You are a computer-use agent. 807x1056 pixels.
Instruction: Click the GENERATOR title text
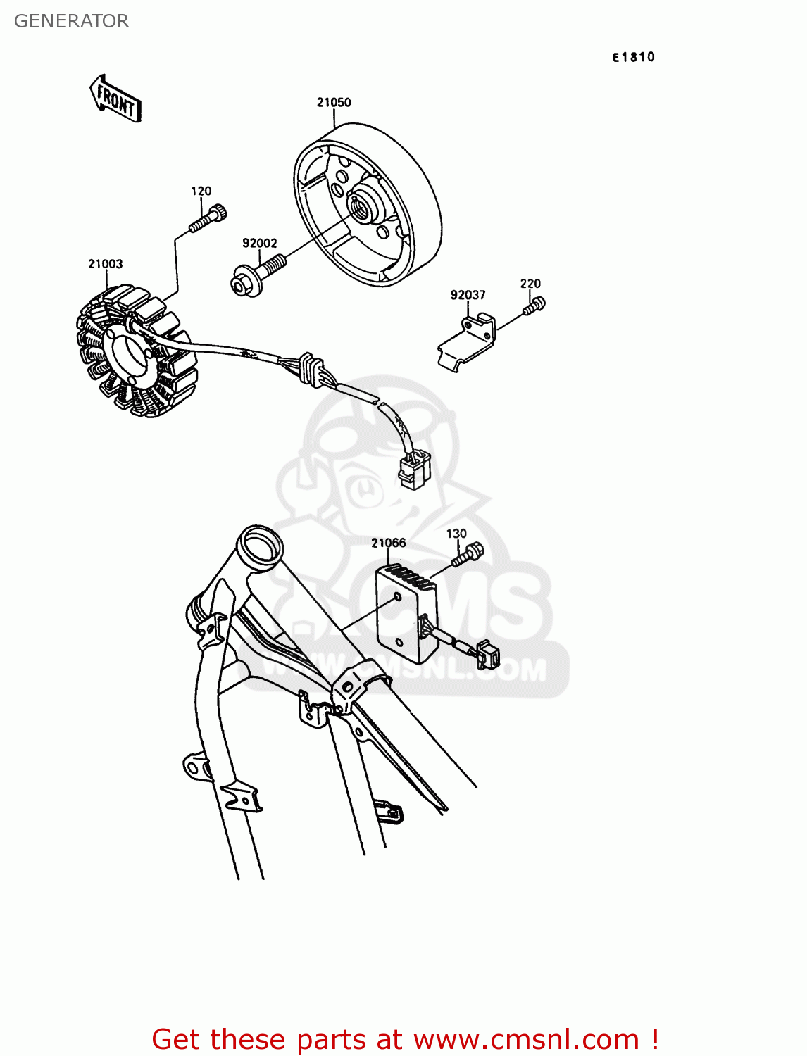coord(71,21)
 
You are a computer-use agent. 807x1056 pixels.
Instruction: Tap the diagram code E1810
coord(633,57)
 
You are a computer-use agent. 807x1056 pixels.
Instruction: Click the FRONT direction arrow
coord(115,99)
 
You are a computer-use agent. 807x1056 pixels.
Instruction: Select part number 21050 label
coord(334,102)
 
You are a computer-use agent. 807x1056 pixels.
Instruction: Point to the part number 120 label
coord(201,191)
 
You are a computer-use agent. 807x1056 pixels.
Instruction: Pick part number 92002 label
coord(259,243)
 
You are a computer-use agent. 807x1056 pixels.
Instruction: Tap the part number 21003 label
coord(106,263)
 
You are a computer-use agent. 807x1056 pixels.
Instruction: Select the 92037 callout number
coord(468,294)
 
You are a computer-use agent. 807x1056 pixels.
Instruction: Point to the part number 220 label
coord(530,284)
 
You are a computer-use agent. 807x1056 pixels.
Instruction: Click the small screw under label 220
coord(534,306)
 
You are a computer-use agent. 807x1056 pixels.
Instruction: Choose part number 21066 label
coord(388,543)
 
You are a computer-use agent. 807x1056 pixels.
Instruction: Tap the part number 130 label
coord(456,534)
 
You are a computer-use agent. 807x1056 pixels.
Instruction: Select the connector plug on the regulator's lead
coord(488,654)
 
